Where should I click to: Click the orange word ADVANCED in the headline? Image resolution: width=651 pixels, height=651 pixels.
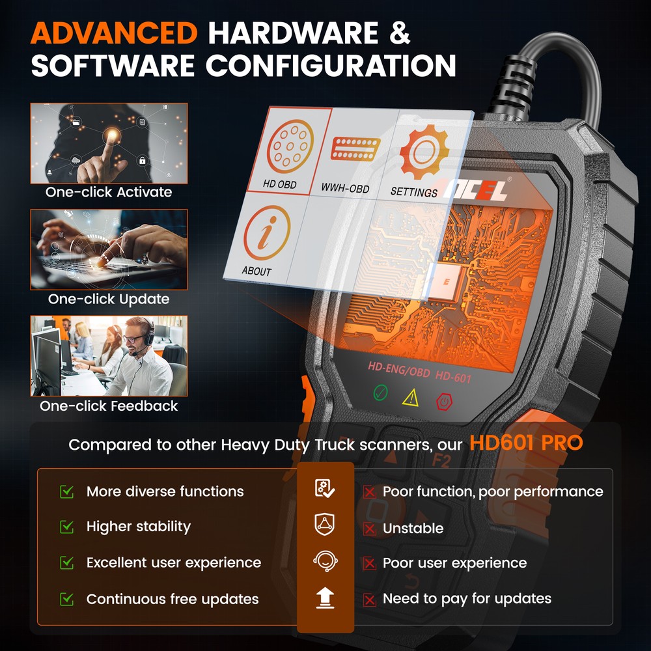115,32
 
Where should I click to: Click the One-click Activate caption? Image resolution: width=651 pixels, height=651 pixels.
109,192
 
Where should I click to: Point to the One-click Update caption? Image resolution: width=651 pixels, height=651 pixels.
109,299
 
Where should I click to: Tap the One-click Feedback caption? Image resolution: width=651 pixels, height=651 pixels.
109,406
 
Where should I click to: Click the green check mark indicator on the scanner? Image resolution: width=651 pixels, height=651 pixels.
381,394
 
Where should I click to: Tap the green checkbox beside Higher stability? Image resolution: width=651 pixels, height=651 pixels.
66,526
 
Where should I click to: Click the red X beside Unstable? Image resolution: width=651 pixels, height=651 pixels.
370,529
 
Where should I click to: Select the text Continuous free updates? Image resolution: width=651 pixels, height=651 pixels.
173,599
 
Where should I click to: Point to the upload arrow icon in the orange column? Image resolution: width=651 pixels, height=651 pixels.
325,598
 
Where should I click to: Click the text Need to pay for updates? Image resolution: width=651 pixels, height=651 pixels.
467,598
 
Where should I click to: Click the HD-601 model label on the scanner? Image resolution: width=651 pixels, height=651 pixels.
453,377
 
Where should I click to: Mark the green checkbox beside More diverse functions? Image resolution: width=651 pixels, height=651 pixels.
66,491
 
